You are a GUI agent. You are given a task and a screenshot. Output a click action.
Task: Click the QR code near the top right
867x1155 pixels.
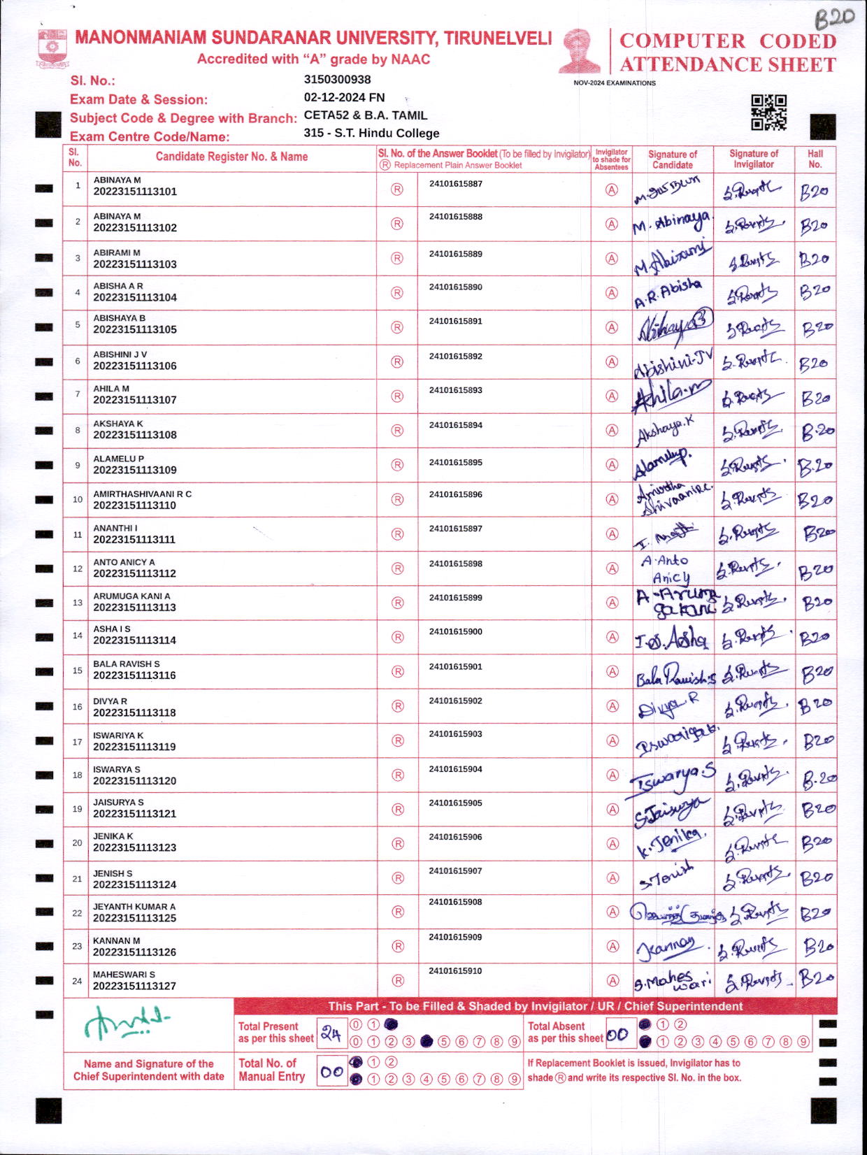(768, 113)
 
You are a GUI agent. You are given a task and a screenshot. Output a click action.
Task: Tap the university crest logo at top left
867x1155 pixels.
(52, 48)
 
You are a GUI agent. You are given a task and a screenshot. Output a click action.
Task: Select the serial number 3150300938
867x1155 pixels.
(337, 80)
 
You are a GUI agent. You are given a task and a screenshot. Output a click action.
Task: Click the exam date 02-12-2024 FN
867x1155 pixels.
(344, 98)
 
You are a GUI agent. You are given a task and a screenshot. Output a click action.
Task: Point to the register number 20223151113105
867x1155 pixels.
(135, 329)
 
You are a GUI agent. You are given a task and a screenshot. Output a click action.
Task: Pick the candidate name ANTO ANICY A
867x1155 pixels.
(124, 562)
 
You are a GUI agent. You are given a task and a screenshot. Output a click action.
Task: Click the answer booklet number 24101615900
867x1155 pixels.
(456, 632)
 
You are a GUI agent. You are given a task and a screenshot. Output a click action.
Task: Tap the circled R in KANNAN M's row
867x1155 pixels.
(398, 946)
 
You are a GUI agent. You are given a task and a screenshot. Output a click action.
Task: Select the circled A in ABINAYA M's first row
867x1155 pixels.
(612, 189)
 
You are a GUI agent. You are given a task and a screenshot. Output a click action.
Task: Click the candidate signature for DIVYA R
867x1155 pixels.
(667, 707)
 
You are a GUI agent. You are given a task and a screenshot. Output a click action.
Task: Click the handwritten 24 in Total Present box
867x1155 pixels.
(330, 1033)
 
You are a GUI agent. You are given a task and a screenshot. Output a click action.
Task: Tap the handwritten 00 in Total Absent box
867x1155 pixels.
(617, 1035)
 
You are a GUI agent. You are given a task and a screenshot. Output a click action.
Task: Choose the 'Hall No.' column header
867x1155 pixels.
(815, 159)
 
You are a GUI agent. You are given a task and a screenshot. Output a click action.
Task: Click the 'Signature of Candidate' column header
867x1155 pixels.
(672, 159)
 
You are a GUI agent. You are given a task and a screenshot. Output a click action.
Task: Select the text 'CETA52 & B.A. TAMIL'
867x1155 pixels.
(365, 115)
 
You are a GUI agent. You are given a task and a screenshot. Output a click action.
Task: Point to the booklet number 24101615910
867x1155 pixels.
(456, 971)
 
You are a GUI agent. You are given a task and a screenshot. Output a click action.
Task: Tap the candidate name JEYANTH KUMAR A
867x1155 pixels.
(134, 907)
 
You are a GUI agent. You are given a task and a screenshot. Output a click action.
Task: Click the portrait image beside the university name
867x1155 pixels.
(580, 51)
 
